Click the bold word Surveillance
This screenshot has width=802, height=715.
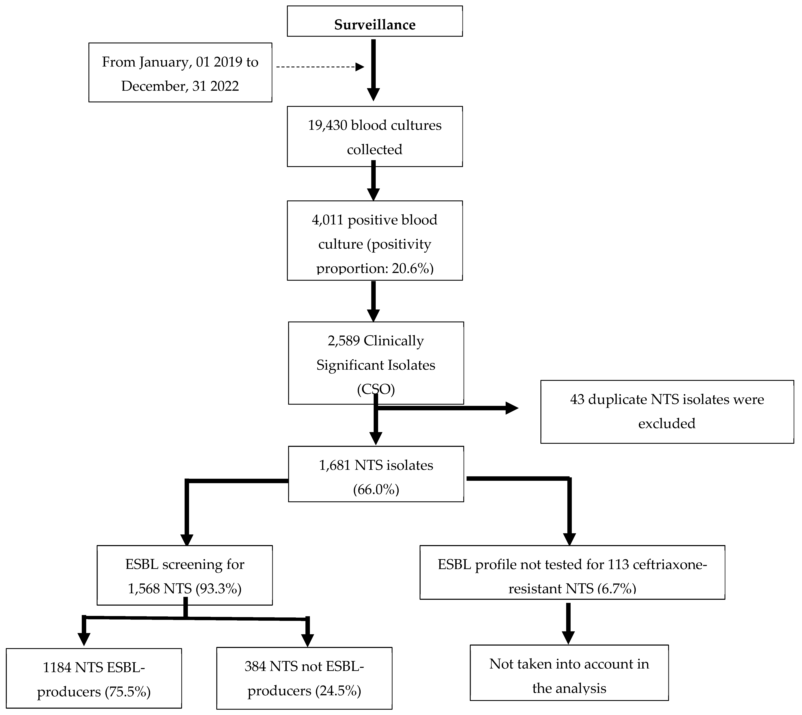pyautogui.click(x=375, y=25)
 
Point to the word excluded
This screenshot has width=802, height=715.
pyautogui.click(x=666, y=424)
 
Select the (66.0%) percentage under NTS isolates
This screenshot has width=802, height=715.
pyautogui.click(x=376, y=490)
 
